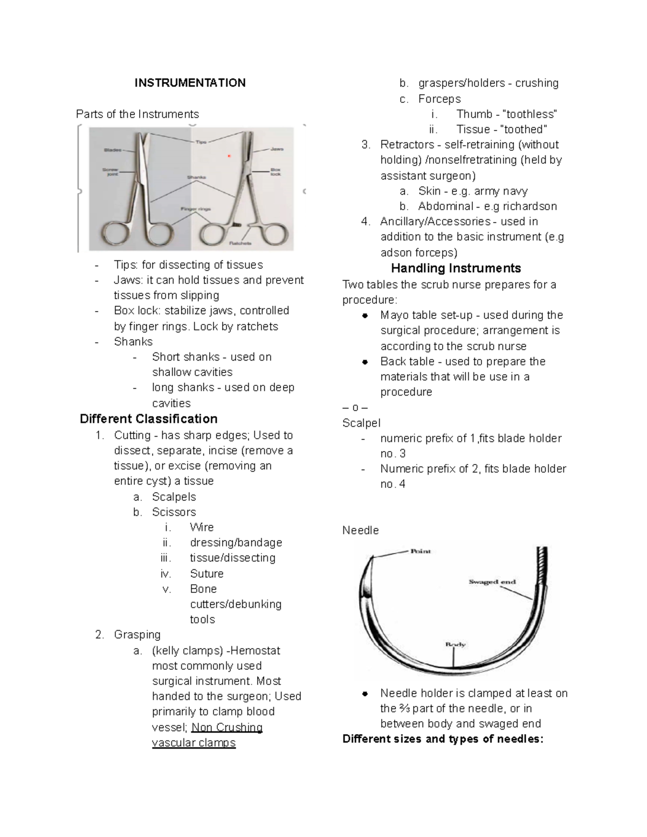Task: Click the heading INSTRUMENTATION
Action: pyautogui.click(x=190, y=83)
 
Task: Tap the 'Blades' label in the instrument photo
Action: pyautogui.click(x=113, y=150)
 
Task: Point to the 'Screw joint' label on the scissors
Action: pyautogui.click(x=111, y=171)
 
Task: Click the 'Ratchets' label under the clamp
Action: pyautogui.click(x=240, y=243)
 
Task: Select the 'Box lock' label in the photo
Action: pyautogui.click(x=276, y=171)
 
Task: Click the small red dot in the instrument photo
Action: pyautogui.click(x=229, y=156)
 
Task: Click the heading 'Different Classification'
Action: pyautogui.click(x=148, y=419)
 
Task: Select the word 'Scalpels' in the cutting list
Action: pyautogui.click(x=174, y=497)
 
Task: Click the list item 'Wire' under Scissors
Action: pyautogui.click(x=202, y=528)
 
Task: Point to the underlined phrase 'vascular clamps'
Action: pyautogui.click(x=194, y=743)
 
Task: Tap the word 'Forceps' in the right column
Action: pyautogui.click(x=439, y=99)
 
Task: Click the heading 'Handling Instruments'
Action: pyautogui.click(x=456, y=268)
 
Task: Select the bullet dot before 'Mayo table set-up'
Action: pyautogui.click(x=365, y=316)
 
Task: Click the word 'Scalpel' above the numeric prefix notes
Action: pyautogui.click(x=361, y=424)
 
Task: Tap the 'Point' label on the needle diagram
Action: pyautogui.click(x=421, y=551)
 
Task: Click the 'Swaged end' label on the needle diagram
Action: pyautogui.click(x=492, y=582)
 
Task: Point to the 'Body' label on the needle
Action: pyautogui.click(x=455, y=644)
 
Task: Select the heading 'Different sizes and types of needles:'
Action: pyautogui.click(x=443, y=739)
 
